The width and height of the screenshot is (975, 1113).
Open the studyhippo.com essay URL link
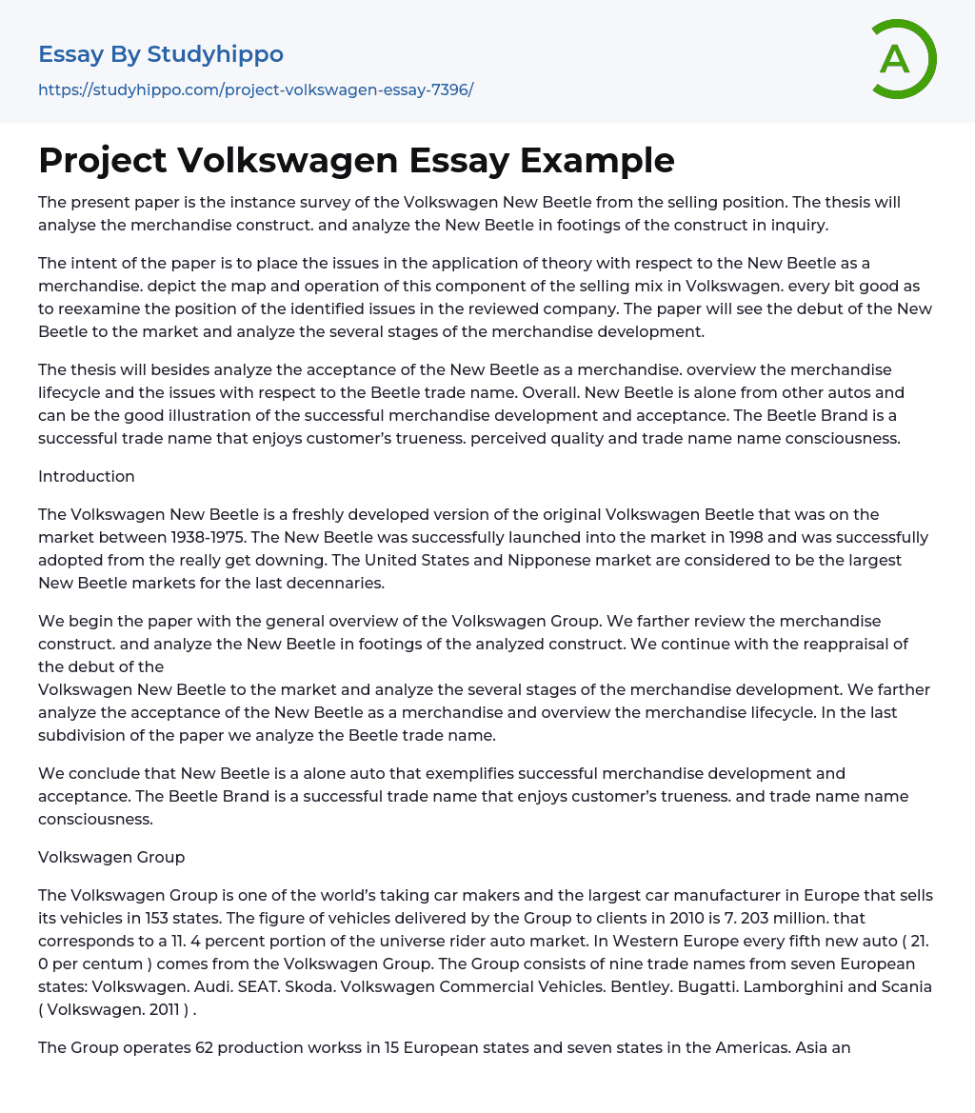255,89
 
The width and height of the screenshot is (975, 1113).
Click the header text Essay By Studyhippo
161,54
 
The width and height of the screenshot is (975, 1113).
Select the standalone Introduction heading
87,476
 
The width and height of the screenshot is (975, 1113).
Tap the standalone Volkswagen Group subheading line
111,857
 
